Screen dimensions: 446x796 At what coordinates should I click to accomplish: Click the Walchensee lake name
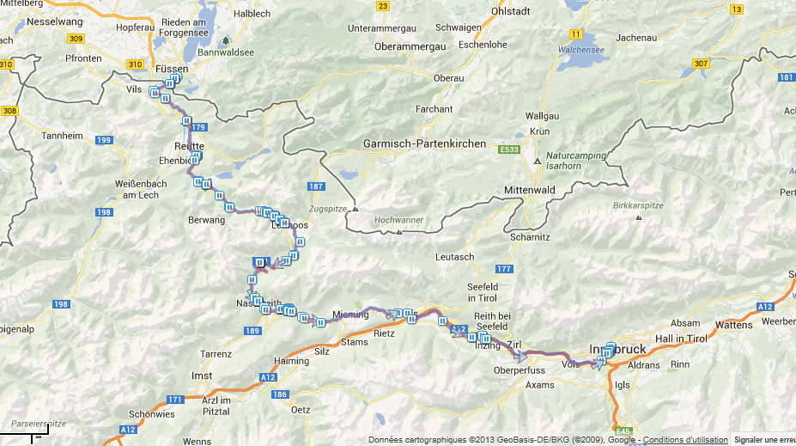[x=581, y=50]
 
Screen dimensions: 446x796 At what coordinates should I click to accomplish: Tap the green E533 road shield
[x=509, y=149]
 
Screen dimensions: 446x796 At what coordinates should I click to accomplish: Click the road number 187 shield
[x=315, y=186]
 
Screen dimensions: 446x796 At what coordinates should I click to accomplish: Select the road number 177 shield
[x=503, y=270]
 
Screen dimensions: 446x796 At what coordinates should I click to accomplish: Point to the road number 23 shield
[x=383, y=7]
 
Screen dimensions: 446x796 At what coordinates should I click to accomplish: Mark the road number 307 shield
[x=701, y=64]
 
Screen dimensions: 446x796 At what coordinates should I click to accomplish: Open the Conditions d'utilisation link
[x=684, y=440]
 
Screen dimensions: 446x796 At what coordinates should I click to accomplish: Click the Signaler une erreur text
[x=764, y=440]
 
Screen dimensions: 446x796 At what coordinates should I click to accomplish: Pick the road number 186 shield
[x=279, y=394]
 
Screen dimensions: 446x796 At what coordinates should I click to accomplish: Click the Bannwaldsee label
[x=226, y=52]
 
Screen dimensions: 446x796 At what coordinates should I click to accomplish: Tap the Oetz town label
[x=301, y=410]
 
